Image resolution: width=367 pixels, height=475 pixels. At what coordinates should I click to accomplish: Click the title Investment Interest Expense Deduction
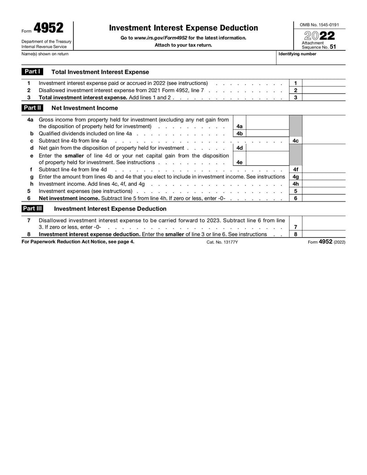pos(183,28)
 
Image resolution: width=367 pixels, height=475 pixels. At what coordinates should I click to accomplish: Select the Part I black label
pos(33,72)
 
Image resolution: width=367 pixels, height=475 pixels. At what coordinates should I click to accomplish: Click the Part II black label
pos(33,108)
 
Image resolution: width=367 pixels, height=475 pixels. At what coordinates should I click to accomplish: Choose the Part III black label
pos(33,208)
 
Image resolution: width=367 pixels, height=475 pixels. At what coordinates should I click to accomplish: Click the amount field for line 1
pos(324,83)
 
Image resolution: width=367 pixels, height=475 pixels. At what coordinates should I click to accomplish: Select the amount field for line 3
pos(324,97)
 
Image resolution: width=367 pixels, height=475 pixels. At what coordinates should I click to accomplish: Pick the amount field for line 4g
pos(324,177)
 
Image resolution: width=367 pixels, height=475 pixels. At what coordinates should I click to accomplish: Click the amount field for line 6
pos(324,198)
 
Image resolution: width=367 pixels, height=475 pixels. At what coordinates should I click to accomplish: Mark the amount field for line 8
pos(324,234)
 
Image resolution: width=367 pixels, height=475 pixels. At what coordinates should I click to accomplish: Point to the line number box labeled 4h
pos(295,184)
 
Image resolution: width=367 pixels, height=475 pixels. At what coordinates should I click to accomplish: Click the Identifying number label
pos(297,54)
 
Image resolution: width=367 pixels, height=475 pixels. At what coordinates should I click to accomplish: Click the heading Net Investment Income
pos(84,108)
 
